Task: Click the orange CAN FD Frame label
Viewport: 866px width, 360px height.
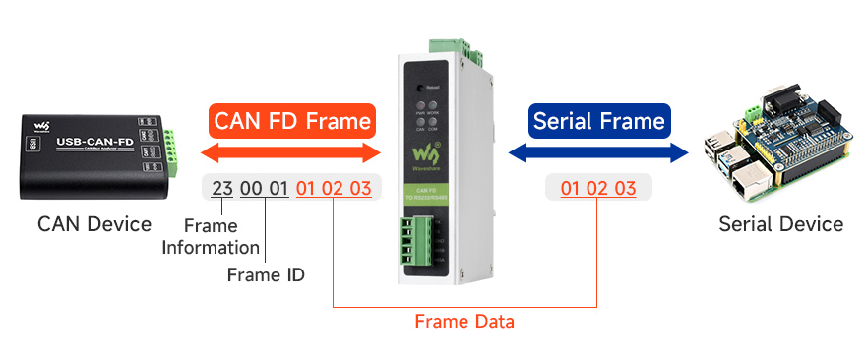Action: [x=292, y=121]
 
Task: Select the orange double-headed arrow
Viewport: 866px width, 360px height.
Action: [x=291, y=153]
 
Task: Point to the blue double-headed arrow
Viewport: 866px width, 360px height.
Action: [x=598, y=152]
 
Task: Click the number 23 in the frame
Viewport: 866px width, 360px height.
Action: [x=222, y=188]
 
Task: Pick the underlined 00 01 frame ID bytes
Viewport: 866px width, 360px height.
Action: [x=264, y=188]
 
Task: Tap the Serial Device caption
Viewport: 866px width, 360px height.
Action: [x=780, y=223]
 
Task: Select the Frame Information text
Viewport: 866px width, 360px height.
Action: [x=211, y=237]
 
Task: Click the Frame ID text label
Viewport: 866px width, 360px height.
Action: [x=265, y=274]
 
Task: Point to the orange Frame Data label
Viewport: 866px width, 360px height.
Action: [x=464, y=321]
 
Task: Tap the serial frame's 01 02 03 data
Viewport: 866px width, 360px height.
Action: [x=597, y=188]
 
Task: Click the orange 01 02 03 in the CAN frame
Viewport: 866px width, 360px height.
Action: [x=334, y=188]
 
